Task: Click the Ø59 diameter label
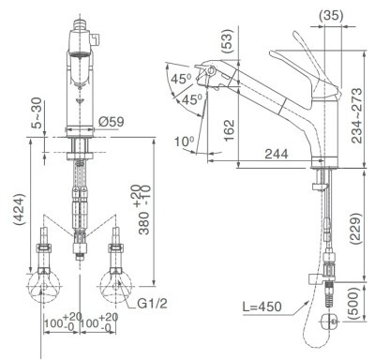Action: pyautogui.click(x=112, y=122)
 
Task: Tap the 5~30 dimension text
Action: pyautogui.click(x=37, y=112)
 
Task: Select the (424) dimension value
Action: pyautogui.click(x=20, y=209)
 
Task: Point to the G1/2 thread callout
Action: pyautogui.click(x=152, y=304)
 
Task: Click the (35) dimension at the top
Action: pyautogui.click(x=331, y=15)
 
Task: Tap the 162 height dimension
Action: pyautogui.click(x=229, y=130)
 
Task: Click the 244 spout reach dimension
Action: pyautogui.click(x=277, y=154)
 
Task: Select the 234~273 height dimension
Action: pyautogui.click(x=356, y=115)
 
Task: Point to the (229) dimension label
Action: pyautogui.click(x=355, y=229)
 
